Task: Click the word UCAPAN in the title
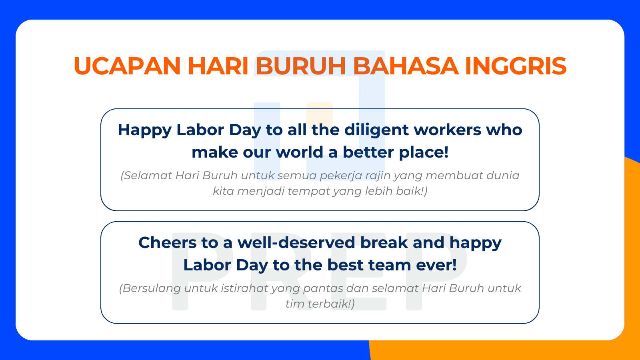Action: (x=127, y=66)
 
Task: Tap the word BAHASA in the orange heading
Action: (x=406, y=66)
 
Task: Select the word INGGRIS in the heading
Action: (x=516, y=66)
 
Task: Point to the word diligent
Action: (x=376, y=130)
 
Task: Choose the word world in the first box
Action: (x=300, y=152)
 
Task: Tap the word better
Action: (x=368, y=152)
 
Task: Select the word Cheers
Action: (x=168, y=243)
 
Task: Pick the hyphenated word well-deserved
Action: (x=296, y=243)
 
